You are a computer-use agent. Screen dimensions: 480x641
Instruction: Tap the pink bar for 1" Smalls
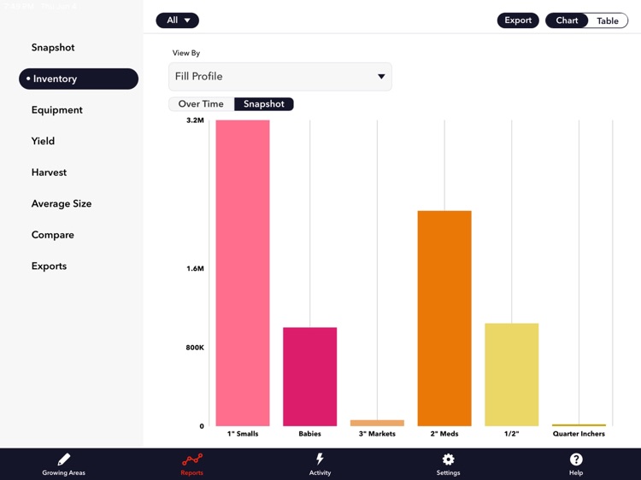coord(243,273)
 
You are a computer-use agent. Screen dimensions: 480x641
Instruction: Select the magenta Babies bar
coord(309,377)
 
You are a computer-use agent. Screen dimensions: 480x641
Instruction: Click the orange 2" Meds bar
coord(444,318)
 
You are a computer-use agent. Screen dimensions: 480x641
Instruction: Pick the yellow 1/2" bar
coord(511,374)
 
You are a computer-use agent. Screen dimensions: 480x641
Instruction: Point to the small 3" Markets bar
coord(377,423)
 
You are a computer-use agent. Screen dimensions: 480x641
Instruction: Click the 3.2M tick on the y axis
coord(195,120)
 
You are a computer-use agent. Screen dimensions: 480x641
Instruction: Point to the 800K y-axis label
coord(194,348)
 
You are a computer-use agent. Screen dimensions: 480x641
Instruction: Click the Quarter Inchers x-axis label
coord(579,434)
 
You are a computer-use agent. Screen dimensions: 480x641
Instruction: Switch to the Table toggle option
coord(607,20)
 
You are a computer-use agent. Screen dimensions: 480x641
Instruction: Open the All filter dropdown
coord(178,20)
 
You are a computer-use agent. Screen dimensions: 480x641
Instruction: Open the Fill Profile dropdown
coord(280,77)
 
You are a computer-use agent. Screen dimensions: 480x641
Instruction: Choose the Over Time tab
coord(201,104)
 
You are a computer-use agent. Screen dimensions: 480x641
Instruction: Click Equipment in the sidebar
coord(57,110)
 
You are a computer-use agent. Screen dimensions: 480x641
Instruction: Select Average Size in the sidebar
coord(62,203)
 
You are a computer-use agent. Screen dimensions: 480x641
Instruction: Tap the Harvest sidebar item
coord(49,173)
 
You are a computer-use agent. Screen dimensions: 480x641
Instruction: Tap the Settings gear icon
coord(448,460)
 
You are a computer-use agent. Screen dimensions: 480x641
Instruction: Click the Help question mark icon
coord(576,460)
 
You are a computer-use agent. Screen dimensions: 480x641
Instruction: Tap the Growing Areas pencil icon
coord(64,460)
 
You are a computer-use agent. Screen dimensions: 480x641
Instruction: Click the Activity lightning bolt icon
coord(320,460)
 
